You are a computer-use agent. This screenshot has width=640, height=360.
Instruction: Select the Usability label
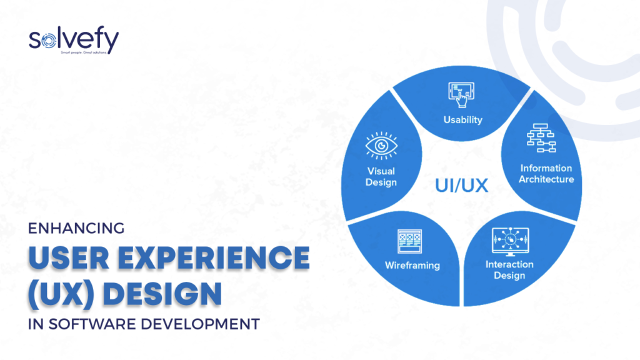click(462, 119)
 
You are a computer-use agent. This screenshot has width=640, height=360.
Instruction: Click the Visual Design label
click(382, 176)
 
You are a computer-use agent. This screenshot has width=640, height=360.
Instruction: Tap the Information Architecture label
click(547, 174)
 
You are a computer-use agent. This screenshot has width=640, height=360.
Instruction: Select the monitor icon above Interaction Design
click(509, 239)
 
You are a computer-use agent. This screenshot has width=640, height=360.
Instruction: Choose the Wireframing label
click(412, 265)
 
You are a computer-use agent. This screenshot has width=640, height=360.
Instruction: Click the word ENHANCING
click(77, 229)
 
